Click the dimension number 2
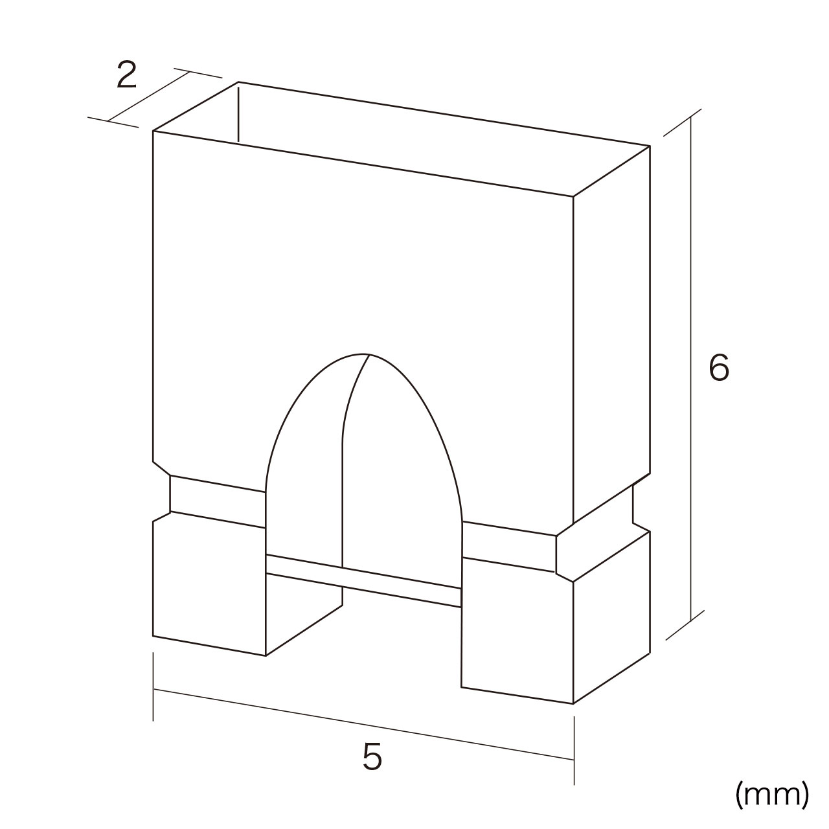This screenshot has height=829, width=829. pos(126,75)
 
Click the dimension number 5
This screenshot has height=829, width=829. pos(372,756)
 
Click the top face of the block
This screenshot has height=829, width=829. pos(402,139)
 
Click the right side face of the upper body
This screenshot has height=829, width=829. pos(612,335)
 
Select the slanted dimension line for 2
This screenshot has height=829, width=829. pos(148,97)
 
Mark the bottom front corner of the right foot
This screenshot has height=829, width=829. pos(573,704)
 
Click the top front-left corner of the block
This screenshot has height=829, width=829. pos(153,131)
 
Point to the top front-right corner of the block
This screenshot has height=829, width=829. pos(573,197)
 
